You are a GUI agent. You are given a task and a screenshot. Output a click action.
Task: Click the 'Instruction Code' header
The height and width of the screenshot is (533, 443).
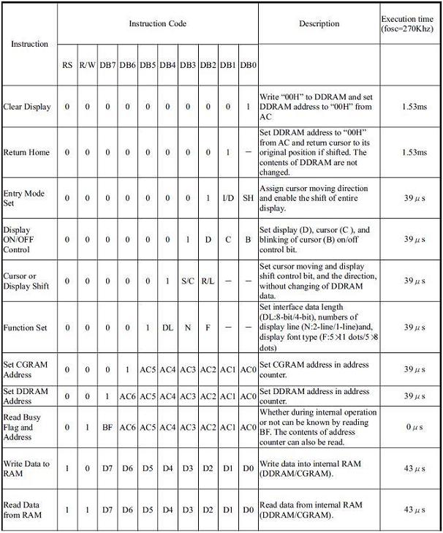point(157,23)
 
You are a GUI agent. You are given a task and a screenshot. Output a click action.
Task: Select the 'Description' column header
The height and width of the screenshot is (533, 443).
point(319,23)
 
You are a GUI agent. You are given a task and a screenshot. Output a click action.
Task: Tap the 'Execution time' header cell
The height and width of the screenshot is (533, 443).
point(408,23)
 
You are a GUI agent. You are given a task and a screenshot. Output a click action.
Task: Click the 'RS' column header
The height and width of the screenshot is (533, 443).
point(67,65)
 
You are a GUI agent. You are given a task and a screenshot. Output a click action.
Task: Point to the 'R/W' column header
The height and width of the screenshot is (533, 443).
point(87,65)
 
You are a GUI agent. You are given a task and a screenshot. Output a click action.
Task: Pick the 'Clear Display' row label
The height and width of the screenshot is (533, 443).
point(27,107)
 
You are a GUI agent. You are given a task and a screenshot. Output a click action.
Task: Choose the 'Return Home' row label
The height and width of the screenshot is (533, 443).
point(26,152)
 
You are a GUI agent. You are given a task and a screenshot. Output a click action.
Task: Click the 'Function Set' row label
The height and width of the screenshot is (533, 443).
point(26,328)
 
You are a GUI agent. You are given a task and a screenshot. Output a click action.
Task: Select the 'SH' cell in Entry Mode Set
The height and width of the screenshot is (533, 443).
point(249,198)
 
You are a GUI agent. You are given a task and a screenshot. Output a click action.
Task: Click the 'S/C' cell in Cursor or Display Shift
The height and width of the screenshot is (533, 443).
point(188,281)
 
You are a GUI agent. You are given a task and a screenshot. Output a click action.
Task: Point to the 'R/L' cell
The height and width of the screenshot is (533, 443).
point(208,281)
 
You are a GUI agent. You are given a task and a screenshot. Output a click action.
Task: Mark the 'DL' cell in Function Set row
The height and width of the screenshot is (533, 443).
point(167,328)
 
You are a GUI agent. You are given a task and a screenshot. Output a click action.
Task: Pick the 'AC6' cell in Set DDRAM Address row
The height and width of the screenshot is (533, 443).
point(127,396)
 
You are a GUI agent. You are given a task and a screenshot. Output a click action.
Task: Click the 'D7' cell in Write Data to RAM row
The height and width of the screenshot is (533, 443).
point(107,468)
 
